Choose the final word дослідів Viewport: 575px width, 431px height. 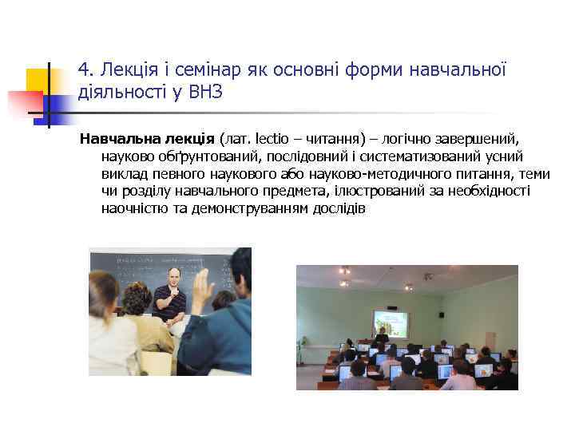[x=339, y=209]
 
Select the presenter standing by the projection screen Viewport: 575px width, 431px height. [x=383, y=336]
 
